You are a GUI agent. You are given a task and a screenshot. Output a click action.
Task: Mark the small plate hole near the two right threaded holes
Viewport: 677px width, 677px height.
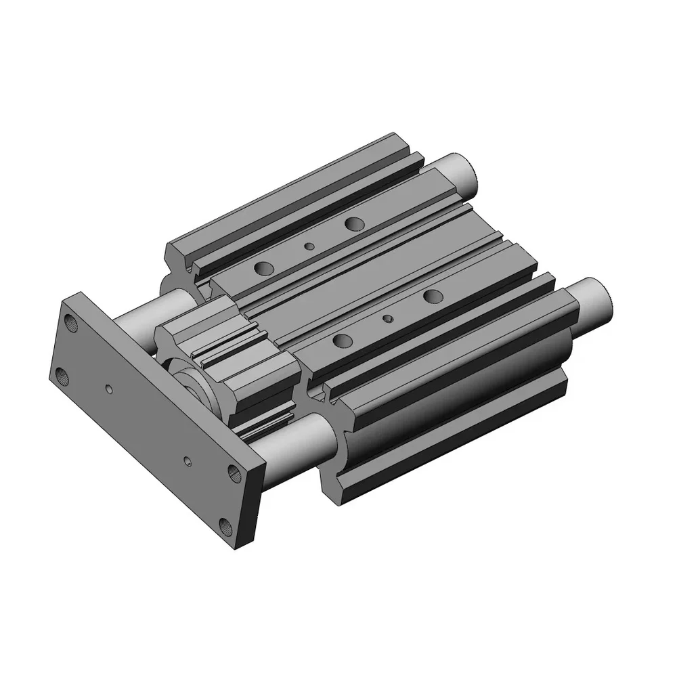(188, 461)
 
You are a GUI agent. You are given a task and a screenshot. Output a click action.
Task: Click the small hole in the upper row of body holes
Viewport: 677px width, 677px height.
(309, 246)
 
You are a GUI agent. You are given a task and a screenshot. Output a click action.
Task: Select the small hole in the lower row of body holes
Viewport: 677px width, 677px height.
(387, 318)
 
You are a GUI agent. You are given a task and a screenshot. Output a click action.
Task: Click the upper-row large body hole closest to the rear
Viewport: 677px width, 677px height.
(353, 223)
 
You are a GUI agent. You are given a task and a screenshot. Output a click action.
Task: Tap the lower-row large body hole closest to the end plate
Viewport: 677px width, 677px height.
(343, 340)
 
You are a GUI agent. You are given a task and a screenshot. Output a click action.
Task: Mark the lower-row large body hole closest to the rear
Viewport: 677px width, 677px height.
(432, 294)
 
